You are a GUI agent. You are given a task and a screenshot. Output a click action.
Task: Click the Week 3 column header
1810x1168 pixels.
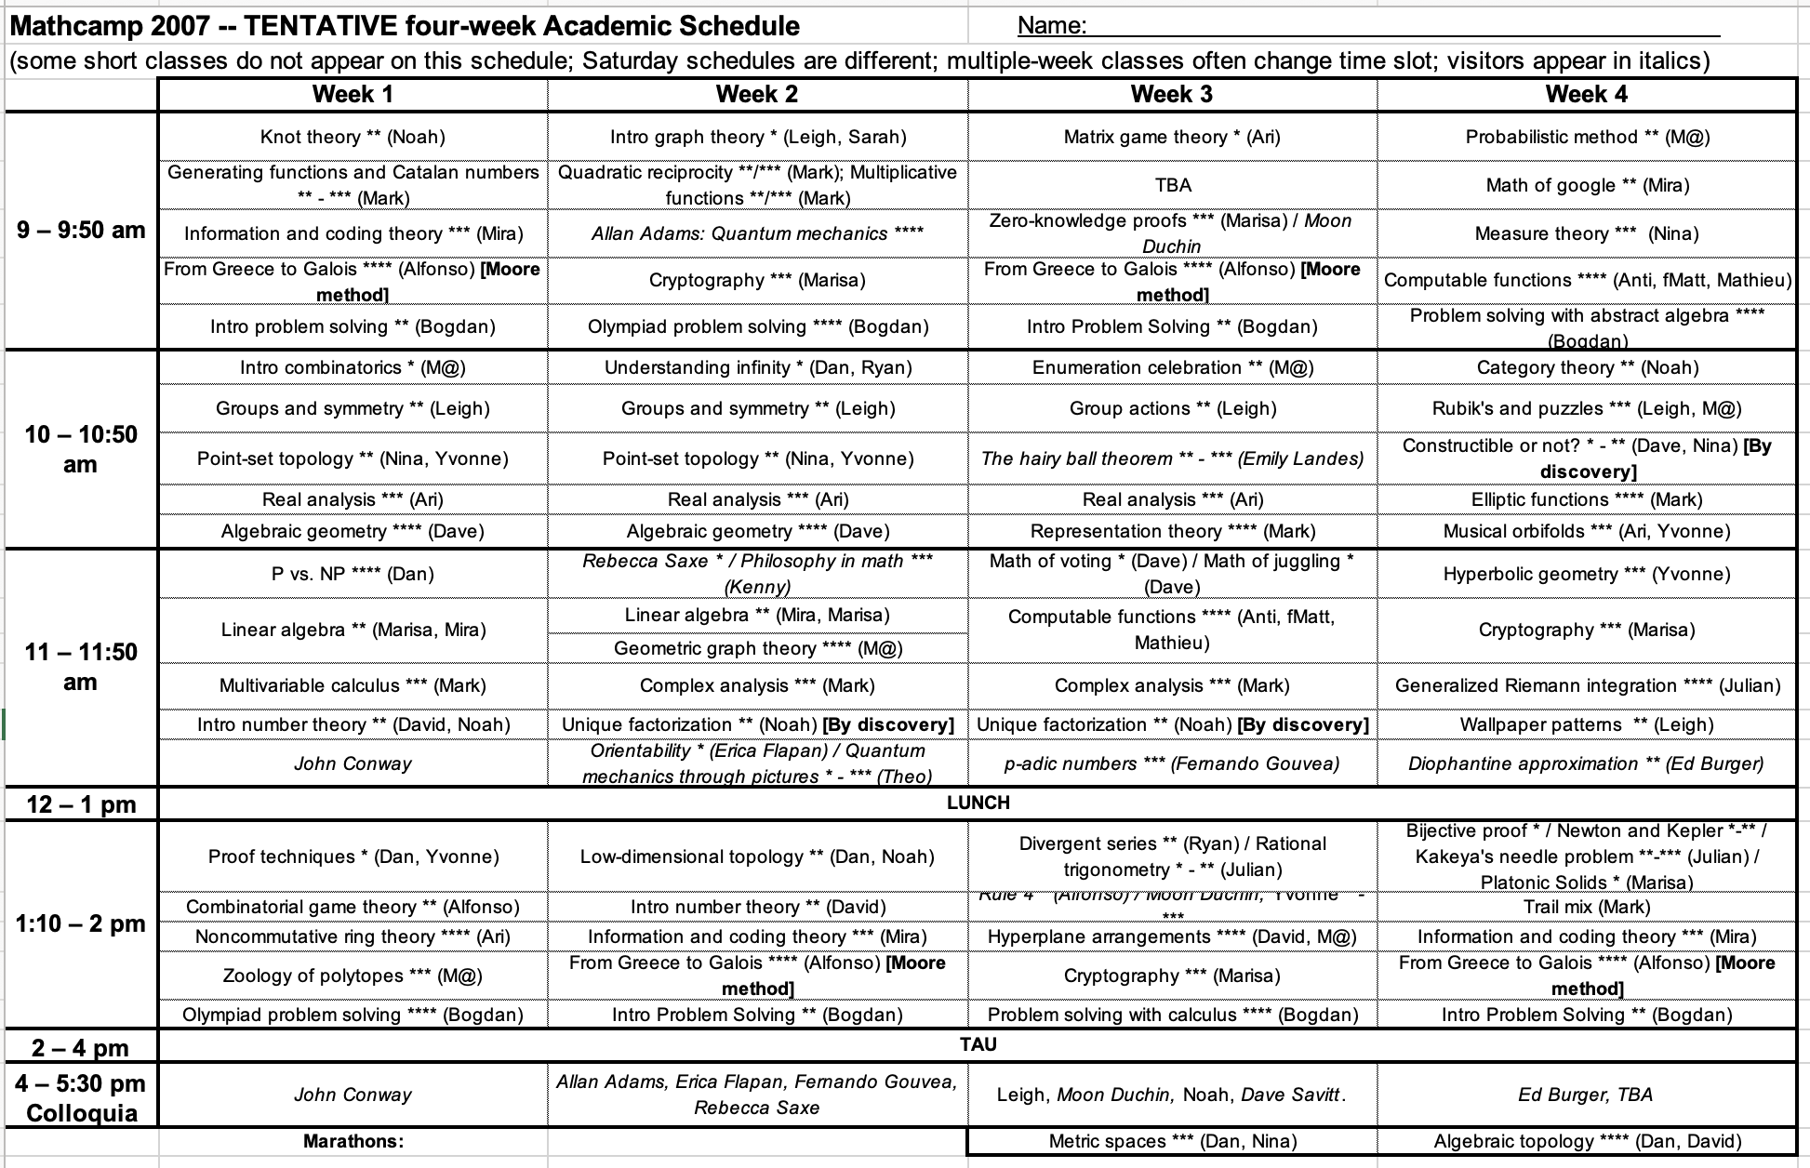click(1172, 94)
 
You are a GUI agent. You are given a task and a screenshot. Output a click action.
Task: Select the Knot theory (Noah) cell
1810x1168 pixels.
click(353, 137)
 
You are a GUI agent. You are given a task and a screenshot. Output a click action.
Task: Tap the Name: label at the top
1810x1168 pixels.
click(1052, 25)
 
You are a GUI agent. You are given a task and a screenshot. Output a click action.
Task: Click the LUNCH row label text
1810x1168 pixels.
click(978, 803)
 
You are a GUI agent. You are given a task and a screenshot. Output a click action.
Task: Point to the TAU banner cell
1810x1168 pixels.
click(978, 1044)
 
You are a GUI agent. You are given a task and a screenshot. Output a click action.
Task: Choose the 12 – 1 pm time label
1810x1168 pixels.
click(81, 804)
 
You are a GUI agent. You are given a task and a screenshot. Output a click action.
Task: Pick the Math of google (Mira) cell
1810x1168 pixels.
click(1587, 185)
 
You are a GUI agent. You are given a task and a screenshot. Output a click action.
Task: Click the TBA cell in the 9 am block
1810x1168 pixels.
click(1172, 185)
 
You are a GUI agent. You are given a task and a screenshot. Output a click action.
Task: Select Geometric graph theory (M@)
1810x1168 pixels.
click(757, 648)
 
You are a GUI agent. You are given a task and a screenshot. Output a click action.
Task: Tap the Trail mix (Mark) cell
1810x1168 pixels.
click(1587, 907)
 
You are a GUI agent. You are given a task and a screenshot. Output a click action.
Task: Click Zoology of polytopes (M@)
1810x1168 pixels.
click(353, 976)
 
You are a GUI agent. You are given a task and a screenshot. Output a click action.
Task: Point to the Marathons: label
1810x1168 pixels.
click(353, 1141)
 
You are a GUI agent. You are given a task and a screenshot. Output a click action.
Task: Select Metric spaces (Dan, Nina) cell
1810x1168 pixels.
click(1172, 1141)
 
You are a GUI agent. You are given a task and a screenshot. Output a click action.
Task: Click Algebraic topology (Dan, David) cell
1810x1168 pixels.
click(1587, 1141)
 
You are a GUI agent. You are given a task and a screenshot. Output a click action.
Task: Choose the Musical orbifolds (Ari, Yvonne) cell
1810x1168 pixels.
click(1587, 531)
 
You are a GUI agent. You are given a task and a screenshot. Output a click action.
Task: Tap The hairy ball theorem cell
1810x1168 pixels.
click(1172, 458)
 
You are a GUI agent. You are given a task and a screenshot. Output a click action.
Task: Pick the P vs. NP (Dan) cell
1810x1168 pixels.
click(353, 574)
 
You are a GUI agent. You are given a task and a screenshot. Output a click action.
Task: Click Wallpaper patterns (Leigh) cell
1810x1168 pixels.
click(1587, 724)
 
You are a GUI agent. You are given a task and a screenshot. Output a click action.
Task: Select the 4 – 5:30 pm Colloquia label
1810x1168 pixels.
click(81, 1098)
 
